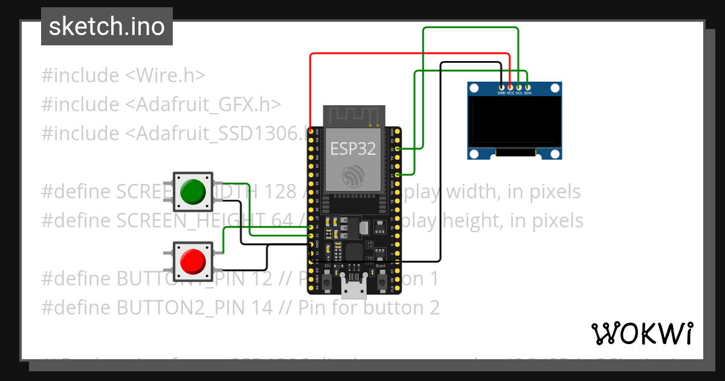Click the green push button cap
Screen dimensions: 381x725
point(193,190)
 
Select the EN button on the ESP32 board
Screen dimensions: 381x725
point(327,281)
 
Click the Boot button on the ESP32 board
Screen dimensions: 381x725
point(381,281)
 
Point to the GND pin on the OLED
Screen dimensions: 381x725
point(501,88)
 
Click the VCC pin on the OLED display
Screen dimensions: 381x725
point(511,88)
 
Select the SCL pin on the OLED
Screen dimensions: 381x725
point(519,88)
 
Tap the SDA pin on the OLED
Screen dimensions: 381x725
point(527,88)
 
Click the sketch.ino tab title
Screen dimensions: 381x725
point(107,27)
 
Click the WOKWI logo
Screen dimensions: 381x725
point(642,333)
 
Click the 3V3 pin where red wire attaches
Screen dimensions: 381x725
point(311,131)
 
